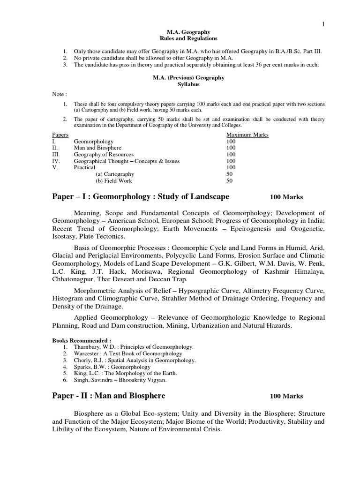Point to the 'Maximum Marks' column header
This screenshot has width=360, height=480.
[247, 135]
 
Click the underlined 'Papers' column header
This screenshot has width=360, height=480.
[60, 135]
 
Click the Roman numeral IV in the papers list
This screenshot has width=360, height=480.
[55, 161]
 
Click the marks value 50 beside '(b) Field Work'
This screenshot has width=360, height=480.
[229, 180]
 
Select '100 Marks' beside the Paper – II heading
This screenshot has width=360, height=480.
[286, 396]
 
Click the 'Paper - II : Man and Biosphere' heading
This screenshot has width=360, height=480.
[108, 396]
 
